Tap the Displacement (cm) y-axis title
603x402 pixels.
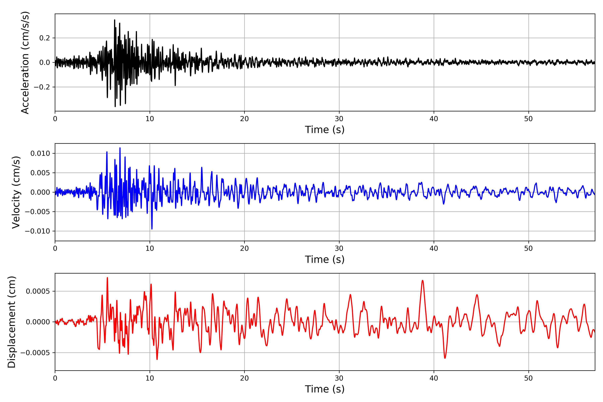(x=12, y=322)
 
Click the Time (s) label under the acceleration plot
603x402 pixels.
(x=325, y=130)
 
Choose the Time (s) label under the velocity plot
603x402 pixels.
(x=325, y=259)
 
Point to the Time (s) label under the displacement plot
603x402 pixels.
(x=325, y=389)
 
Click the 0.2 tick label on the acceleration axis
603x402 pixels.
(x=44, y=38)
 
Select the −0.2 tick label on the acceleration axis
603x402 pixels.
(x=42, y=87)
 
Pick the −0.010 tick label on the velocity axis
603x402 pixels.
(x=37, y=231)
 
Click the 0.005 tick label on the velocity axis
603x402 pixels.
(x=40, y=173)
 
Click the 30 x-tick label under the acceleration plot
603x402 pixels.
(x=339, y=119)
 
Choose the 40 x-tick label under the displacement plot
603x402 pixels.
(x=434, y=378)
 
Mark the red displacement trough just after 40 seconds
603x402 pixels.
(x=445, y=358)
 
